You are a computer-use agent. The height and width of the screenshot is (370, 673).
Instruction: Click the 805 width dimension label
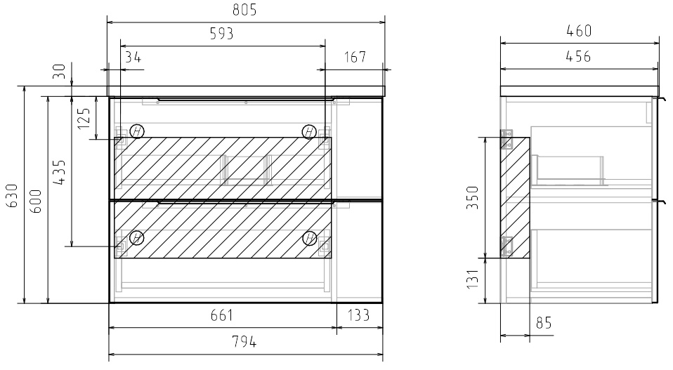click(x=244, y=10)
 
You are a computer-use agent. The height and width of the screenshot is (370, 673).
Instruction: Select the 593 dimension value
click(x=222, y=34)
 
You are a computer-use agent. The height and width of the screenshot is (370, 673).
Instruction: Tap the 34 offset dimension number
click(x=133, y=57)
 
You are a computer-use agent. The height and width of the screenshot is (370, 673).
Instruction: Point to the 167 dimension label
click(x=355, y=57)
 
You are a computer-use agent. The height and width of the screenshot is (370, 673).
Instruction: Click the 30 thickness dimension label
click(x=59, y=71)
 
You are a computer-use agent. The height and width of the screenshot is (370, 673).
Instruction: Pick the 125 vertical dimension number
click(x=84, y=119)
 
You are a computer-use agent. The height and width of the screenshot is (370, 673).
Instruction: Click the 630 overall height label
click(x=12, y=195)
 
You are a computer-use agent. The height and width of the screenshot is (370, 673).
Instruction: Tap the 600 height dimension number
click(x=36, y=201)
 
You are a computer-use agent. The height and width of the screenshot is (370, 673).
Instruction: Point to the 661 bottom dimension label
click(x=222, y=315)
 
